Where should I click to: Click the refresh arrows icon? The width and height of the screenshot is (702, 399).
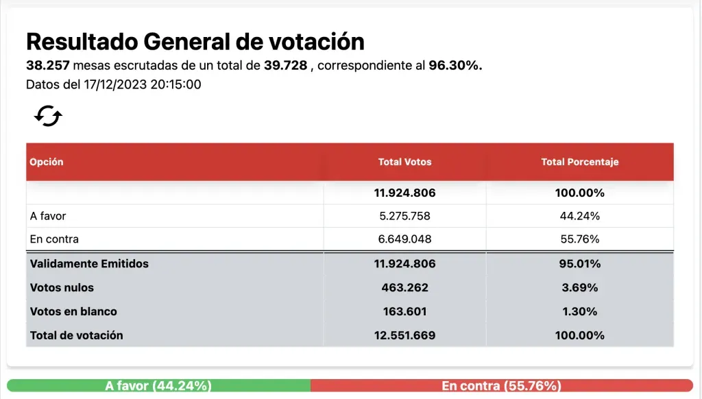pyautogui.click(x=48, y=116)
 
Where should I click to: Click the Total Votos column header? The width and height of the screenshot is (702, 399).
pyautogui.click(x=404, y=162)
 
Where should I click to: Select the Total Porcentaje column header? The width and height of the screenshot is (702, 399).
pyautogui.click(x=579, y=162)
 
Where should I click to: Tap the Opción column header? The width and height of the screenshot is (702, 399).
pyautogui.click(x=47, y=162)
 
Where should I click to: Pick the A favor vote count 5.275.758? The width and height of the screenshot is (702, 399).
pyautogui.click(x=404, y=216)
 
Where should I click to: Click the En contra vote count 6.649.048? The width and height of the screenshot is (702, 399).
pyautogui.click(x=404, y=239)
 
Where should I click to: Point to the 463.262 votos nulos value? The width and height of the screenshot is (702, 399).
pyautogui.click(x=404, y=287)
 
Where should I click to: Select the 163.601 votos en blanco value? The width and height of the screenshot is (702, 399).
pyautogui.click(x=404, y=311)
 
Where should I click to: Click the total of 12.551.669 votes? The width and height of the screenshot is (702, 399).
pyautogui.click(x=404, y=335)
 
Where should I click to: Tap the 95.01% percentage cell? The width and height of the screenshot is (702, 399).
pyautogui.click(x=579, y=263)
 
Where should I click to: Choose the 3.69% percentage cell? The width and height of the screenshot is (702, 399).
pyautogui.click(x=579, y=287)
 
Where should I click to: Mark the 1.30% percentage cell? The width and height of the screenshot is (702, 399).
pyautogui.click(x=579, y=311)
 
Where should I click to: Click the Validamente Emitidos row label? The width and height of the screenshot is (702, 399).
pyautogui.click(x=89, y=263)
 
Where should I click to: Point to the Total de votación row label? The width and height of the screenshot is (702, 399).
pyautogui.click(x=77, y=335)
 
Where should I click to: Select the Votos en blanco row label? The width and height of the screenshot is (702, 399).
pyautogui.click(x=73, y=311)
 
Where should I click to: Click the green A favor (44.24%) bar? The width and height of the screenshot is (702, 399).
pyautogui.click(x=158, y=386)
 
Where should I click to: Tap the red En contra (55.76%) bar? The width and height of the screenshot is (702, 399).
pyautogui.click(x=501, y=386)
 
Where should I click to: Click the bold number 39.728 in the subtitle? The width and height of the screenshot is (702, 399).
pyautogui.click(x=285, y=66)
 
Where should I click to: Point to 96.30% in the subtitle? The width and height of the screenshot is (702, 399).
pyautogui.click(x=455, y=66)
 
